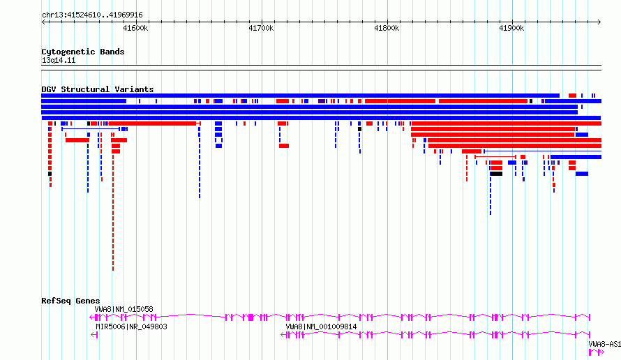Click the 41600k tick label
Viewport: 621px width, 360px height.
pyautogui.click(x=135, y=28)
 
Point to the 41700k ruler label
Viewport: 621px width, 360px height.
pyautogui.click(x=261, y=28)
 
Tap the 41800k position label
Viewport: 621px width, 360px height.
pyautogui.click(x=387, y=28)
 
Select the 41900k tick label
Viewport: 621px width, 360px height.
pyautogui.click(x=511, y=28)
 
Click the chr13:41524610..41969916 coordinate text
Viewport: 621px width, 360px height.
pyautogui.click(x=92, y=15)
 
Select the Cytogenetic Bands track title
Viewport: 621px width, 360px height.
pyautogui.click(x=83, y=52)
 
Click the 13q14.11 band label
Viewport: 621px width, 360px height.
pyautogui.click(x=59, y=60)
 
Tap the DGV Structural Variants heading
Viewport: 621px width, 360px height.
pyautogui.click(x=98, y=89)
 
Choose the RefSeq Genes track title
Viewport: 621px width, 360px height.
pyautogui.click(x=70, y=301)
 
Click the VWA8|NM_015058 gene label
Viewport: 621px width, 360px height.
pyautogui.click(x=124, y=309)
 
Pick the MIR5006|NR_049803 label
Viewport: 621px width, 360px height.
pyautogui.click(x=131, y=327)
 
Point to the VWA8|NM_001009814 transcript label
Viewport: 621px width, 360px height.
pyautogui.click(x=321, y=327)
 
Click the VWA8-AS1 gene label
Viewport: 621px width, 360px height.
pyautogui.click(x=604, y=344)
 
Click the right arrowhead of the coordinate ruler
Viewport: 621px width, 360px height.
pyautogui.click(x=599, y=22)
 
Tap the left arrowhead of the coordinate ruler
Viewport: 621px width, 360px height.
pyautogui.click(x=43, y=22)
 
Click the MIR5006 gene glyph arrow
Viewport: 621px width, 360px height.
pyautogui.click(x=94, y=335)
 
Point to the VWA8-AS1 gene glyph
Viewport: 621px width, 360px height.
pyautogui.click(x=596, y=352)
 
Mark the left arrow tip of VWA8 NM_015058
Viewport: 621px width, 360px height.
pyautogui.click(x=91, y=317)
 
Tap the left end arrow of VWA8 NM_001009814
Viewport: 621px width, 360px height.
pyautogui.click(x=282, y=335)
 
